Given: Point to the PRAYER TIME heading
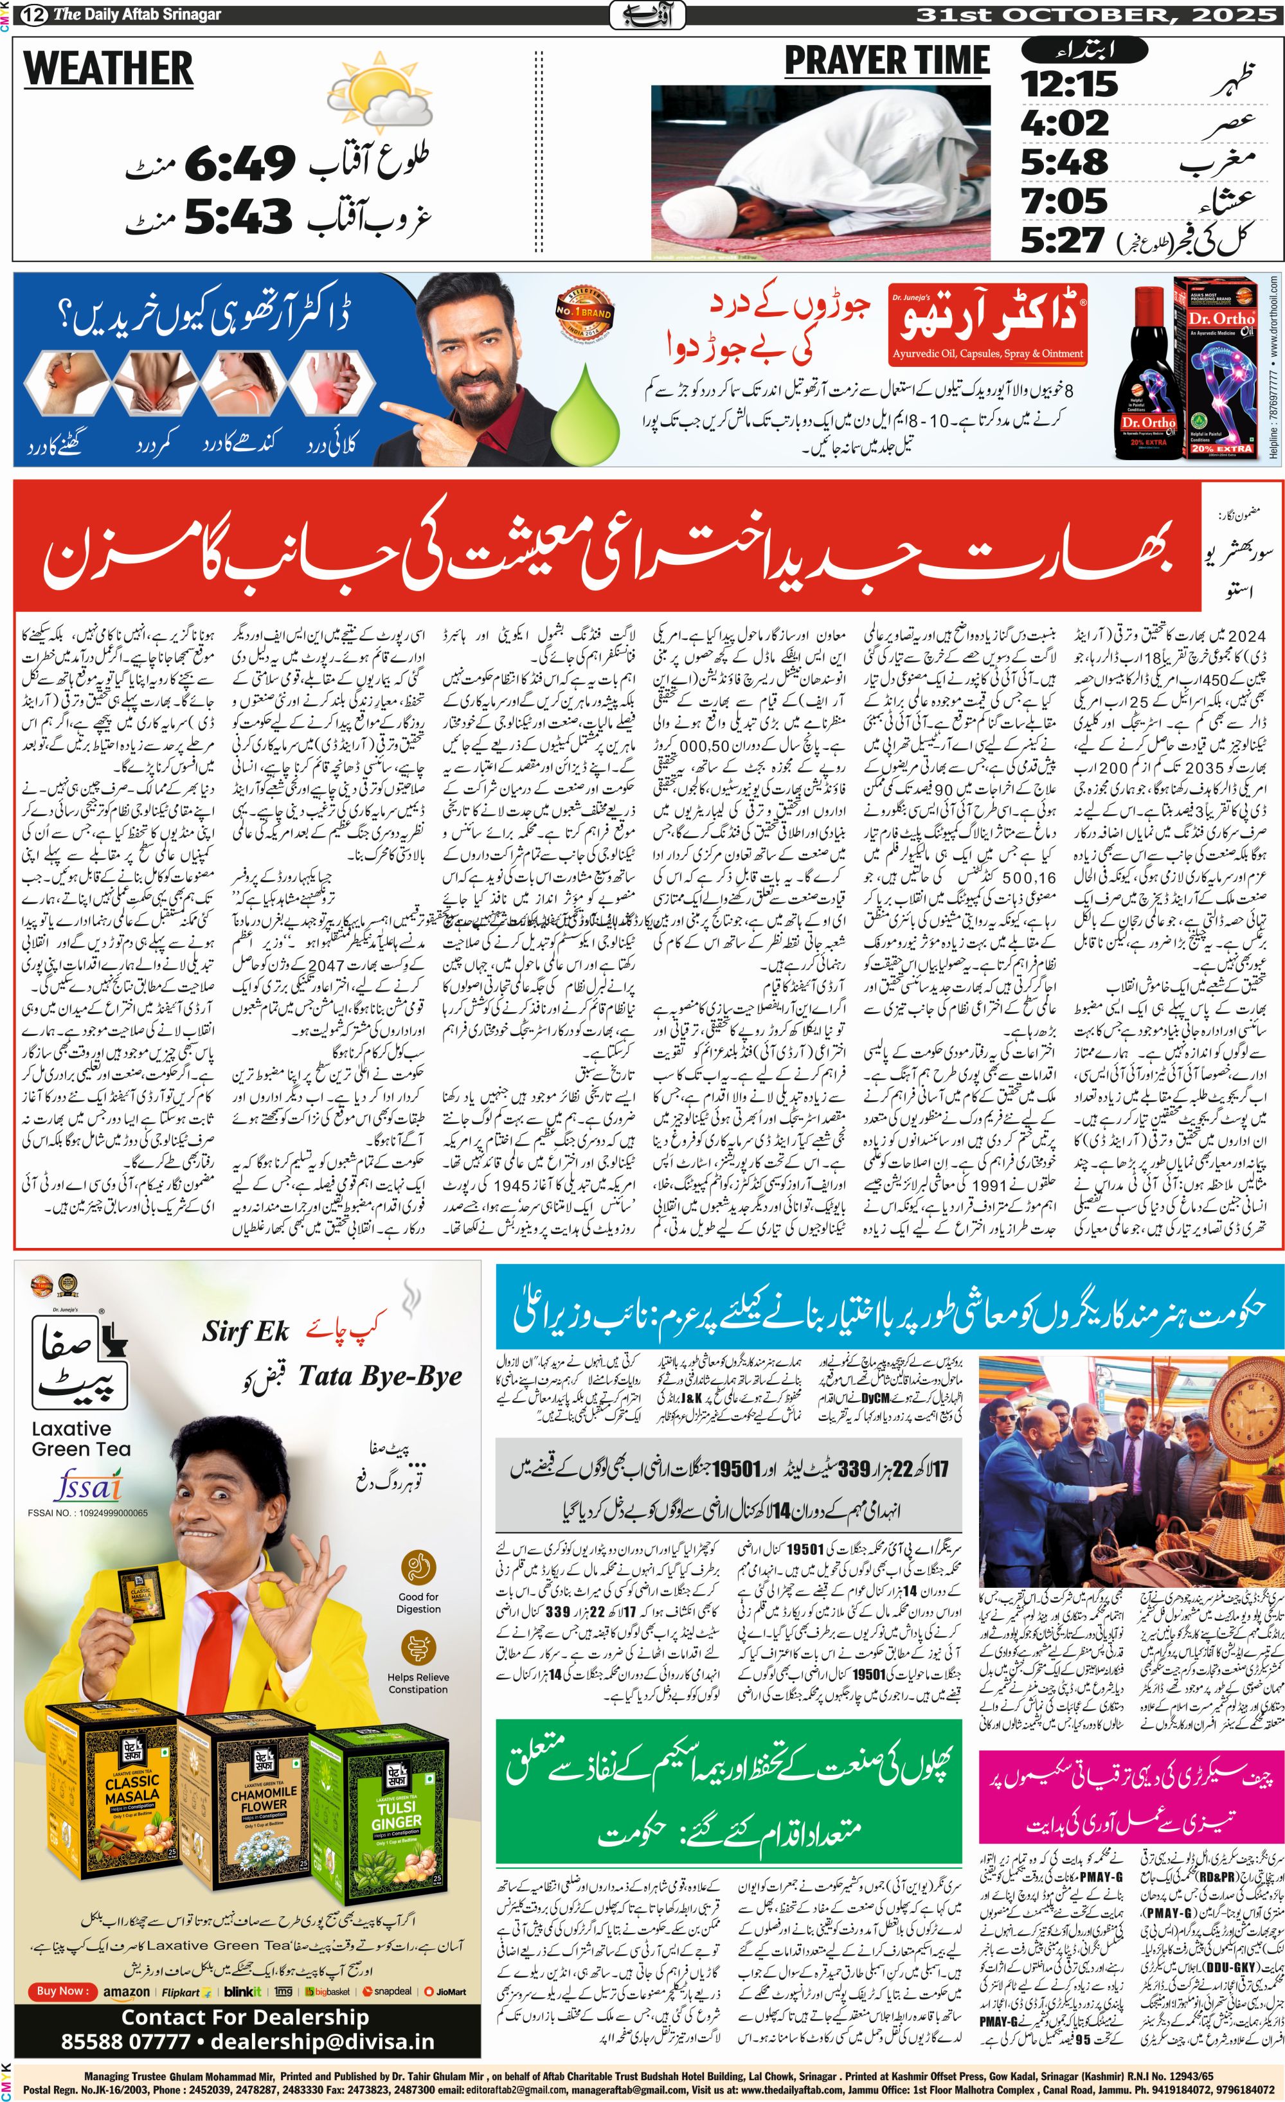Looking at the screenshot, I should (x=886, y=62).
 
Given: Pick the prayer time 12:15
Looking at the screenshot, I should (x=1069, y=84).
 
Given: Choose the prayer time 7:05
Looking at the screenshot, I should (x=1064, y=201).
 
